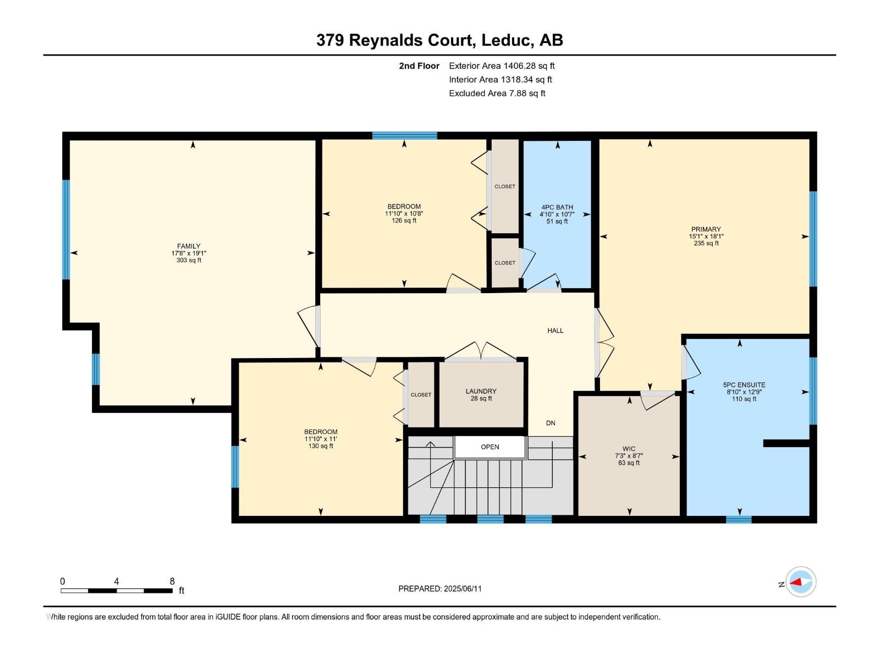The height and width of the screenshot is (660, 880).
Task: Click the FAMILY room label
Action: (x=189, y=246)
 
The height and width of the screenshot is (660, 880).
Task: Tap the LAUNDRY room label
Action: (x=481, y=392)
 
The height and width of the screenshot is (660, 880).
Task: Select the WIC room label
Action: (x=629, y=449)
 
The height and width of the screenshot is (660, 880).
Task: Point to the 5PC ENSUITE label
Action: (x=744, y=385)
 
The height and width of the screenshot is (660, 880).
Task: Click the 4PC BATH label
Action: (x=557, y=207)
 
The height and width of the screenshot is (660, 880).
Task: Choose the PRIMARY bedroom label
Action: (x=706, y=229)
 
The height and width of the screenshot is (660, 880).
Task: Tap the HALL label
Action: (x=555, y=331)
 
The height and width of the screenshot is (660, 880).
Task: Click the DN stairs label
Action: (x=551, y=423)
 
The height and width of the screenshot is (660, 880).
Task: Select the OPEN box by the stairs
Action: (x=490, y=447)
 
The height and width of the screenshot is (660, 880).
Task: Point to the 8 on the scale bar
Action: (x=172, y=581)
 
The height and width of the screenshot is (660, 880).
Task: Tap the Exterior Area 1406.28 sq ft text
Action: (x=502, y=66)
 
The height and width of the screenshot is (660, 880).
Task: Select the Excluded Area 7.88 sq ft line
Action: (x=497, y=94)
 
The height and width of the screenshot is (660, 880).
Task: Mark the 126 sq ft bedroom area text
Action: (x=404, y=221)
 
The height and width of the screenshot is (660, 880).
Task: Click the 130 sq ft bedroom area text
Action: (x=321, y=446)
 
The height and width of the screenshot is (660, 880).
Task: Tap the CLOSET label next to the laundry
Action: (x=421, y=395)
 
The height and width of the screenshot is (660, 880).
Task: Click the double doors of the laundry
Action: (x=481, y=352)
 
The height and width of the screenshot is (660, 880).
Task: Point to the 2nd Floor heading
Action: (x=419, y=66)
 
